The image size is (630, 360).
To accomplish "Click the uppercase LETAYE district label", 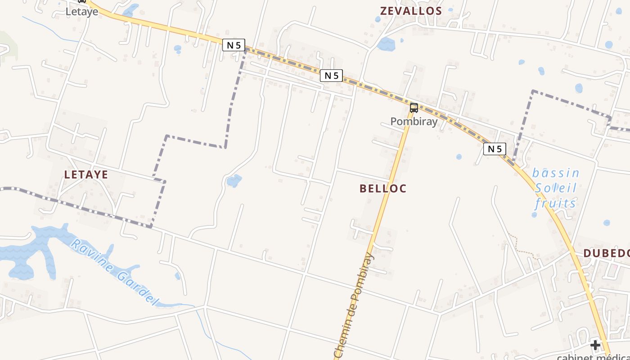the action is point(86,175).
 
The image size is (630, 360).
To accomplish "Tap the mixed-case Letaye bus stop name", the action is point(82,12).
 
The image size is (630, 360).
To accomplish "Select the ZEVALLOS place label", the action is point(411,11).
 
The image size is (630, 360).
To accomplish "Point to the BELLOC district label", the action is point(383,189).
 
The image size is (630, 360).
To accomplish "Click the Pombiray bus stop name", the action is point(414,121).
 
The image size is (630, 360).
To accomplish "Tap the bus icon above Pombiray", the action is point(414,108).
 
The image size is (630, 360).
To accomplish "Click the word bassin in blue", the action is point(556,173).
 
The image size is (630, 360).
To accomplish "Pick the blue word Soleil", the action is point(556,188).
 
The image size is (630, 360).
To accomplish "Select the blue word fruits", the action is point(556,203).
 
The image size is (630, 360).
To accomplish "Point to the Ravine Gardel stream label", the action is point(115,273).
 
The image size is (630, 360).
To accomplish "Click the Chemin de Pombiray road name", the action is point(354,306).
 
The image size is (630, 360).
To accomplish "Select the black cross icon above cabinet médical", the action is point(595,346).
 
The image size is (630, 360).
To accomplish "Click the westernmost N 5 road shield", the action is point(234,45).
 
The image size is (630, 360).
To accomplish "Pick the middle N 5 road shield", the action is point(332,76).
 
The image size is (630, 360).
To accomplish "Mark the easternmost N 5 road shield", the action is point(495,149).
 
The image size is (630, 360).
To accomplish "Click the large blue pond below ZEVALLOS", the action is point(386,45).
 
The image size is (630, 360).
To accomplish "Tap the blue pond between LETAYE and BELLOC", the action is point(234,181).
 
